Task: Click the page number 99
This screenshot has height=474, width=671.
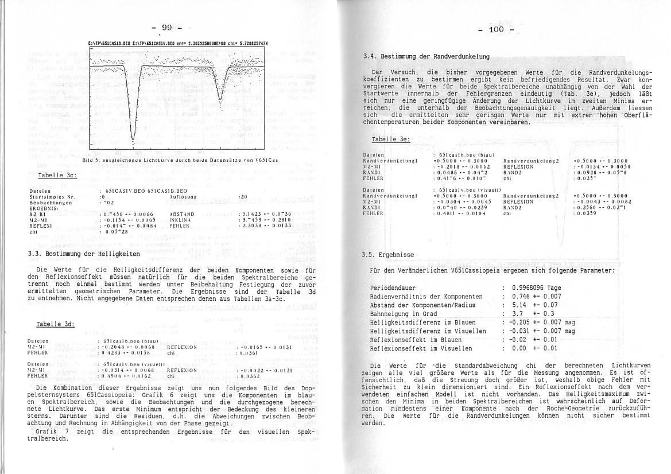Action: (167, 27)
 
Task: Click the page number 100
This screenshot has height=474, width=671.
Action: (495, 29)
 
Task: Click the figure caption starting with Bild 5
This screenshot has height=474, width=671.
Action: (180, 160)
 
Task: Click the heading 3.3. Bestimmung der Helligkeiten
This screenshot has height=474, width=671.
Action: (84, 253)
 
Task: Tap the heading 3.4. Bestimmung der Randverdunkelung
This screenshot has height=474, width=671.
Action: (426, 56)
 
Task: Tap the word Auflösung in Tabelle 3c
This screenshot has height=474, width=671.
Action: (183, 196)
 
